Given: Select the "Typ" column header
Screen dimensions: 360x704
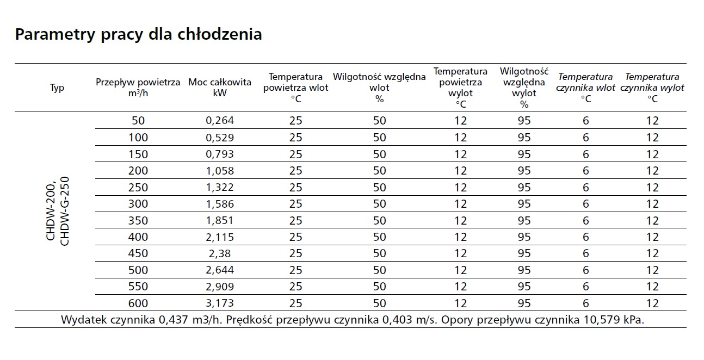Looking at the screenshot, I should pos(57,88).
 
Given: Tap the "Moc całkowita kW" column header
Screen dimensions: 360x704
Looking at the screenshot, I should pos(220,88).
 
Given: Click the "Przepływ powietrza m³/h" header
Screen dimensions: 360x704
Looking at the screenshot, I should pos(138,88).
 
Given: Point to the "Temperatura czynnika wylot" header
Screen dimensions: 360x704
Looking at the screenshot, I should pos(652,88).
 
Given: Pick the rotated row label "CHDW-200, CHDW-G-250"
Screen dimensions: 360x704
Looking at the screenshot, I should pos(58,211).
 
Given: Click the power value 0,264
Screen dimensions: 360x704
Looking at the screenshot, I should pos(220,121).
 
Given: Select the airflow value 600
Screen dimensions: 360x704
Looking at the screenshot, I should pos(138,303).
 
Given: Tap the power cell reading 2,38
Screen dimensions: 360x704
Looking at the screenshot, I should pos(220,253).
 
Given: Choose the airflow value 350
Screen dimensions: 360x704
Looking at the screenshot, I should pos(138,220).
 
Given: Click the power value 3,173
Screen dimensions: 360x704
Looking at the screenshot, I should pos(220,303).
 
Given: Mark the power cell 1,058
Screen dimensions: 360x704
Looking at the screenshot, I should pos(220,171).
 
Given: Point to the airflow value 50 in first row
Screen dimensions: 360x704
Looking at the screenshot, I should pos(138,121).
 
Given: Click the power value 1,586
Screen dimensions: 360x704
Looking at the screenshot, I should pos(220,204).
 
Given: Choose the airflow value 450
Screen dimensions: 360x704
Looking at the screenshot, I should pos(138,253).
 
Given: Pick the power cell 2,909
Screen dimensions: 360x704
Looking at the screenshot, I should pos(220,287).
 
